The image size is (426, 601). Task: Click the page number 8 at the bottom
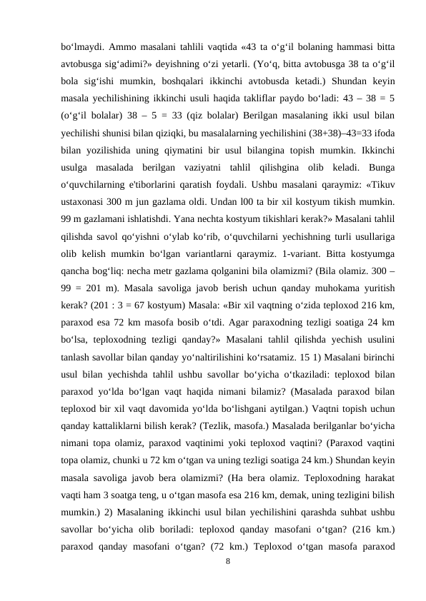(227, 562)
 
